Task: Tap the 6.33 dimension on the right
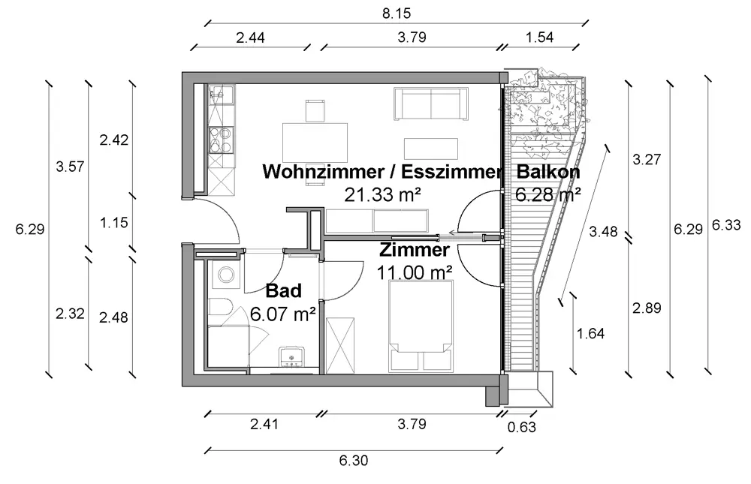point(722,224)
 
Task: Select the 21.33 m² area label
point(382,195)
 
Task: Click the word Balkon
point(548,172)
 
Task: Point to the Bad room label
point(284,290)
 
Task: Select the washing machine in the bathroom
point(225,277)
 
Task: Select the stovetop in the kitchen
point(222,138)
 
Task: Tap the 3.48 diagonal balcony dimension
point(603,231)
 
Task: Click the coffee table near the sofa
point(432,146)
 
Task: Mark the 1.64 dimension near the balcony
point(592,332)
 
